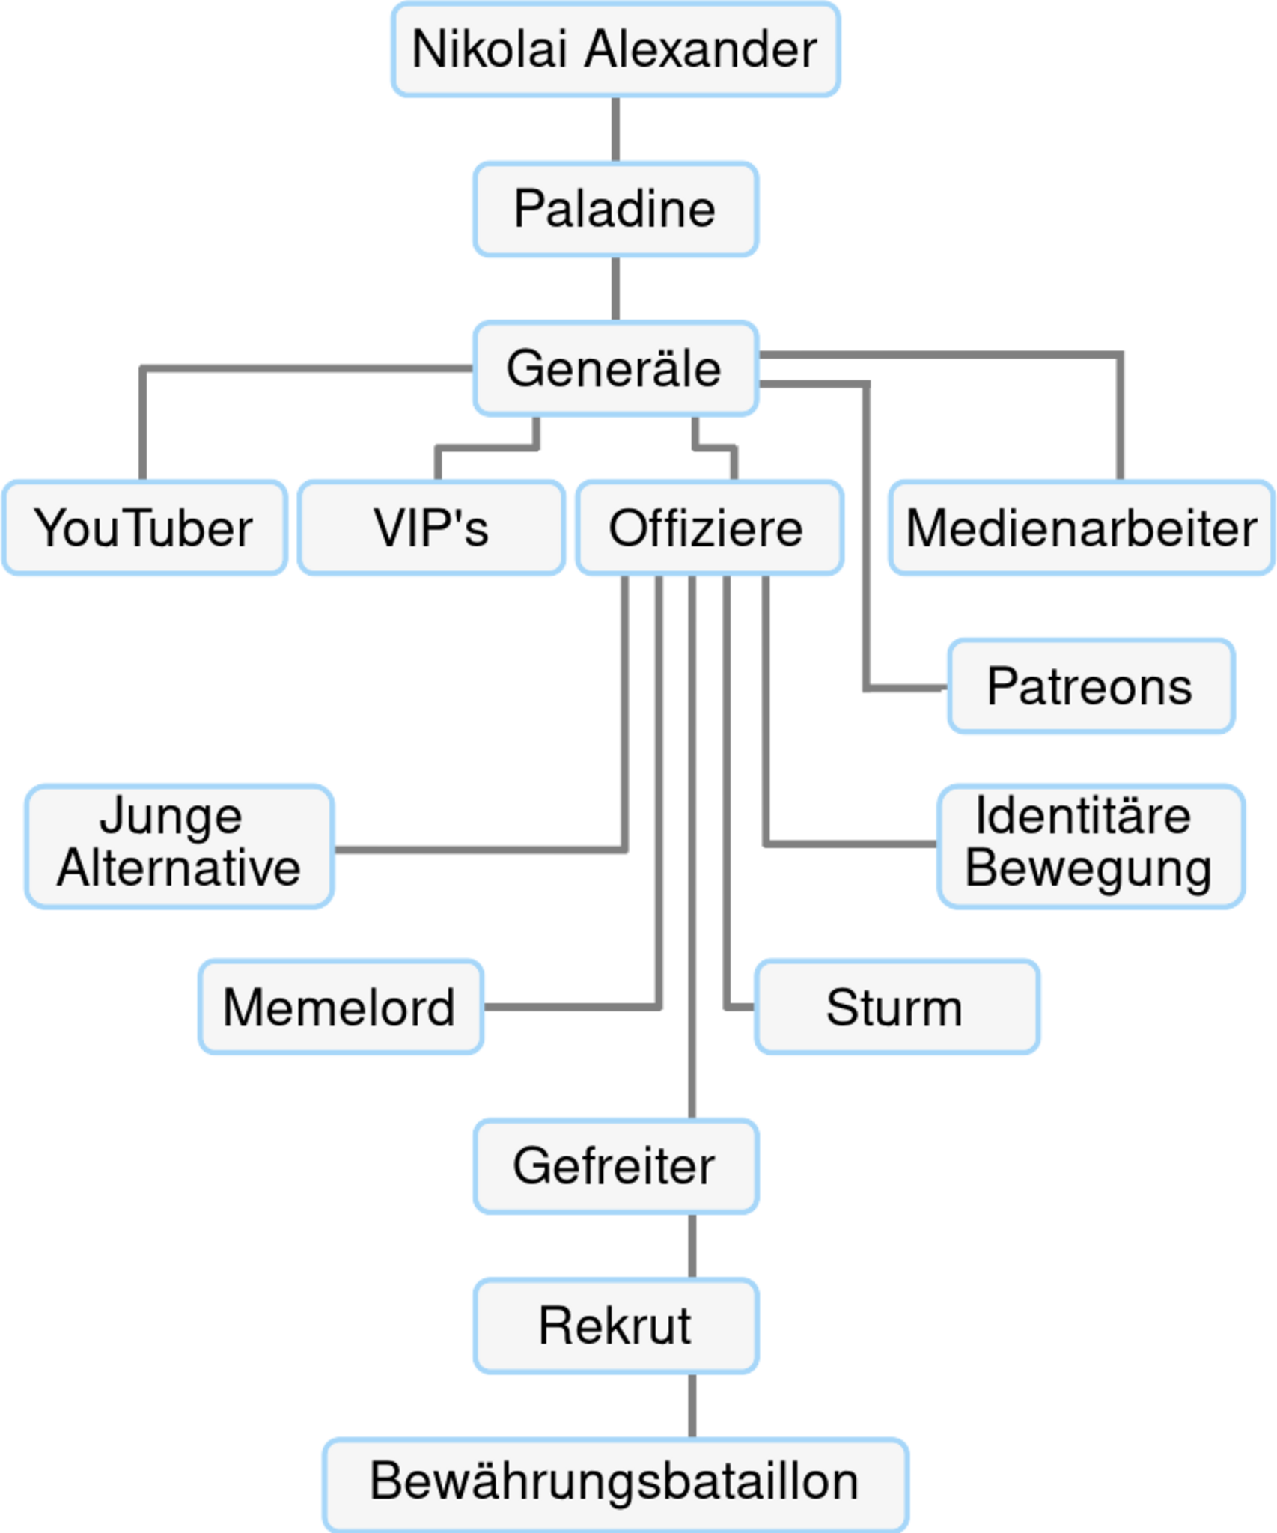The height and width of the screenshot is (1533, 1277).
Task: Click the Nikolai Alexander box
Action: pos(615,50)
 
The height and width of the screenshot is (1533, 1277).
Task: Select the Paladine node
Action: pos(615,209)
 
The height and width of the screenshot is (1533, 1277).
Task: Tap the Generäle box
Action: pos(615,368)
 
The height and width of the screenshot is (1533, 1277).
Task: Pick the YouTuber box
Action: pos(144,528)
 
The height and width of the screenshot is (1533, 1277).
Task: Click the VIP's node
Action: pos(431,528)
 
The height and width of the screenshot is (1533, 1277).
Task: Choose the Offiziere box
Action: pos(708,528)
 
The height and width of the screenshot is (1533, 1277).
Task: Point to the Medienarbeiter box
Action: pos(1081,528)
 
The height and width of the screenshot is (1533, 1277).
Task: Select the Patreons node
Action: pos(1090,686)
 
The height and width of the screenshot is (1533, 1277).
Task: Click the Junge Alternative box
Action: pos(179,845)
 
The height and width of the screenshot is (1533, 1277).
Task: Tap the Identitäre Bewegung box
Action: pos(1090,845)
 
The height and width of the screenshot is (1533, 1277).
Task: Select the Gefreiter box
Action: pos(615,1165)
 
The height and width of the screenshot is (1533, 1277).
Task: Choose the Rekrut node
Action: pos(615,1326)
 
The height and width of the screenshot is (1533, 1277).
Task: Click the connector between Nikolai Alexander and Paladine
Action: pos(615,129)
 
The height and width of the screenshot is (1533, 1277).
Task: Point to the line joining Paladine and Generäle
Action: pos(615,289)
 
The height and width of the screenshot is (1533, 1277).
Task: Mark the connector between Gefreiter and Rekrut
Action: pos(692,1246)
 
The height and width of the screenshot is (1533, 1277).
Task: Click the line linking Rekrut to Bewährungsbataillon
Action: pos(692,1405)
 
